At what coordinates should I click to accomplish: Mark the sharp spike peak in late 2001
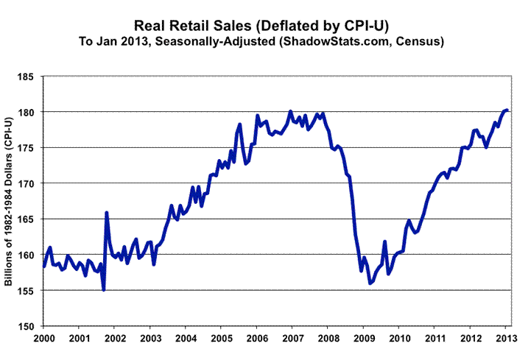[x=107, y=213]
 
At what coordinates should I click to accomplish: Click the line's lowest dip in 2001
[x=104, y=289]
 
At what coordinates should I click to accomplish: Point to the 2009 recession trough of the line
[x=370, y=283]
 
